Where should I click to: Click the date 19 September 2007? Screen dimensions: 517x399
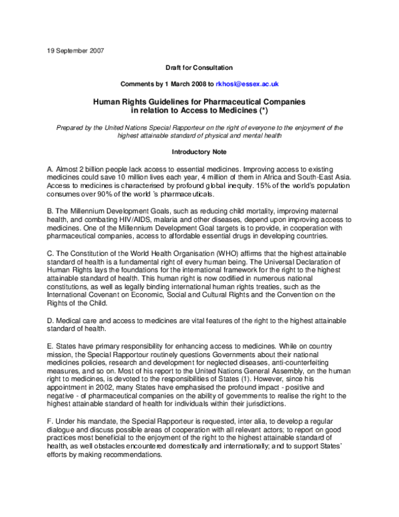click(75, 50)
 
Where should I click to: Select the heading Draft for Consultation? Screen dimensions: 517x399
click(199, 69)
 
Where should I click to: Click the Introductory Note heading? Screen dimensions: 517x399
click(199, 151)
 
